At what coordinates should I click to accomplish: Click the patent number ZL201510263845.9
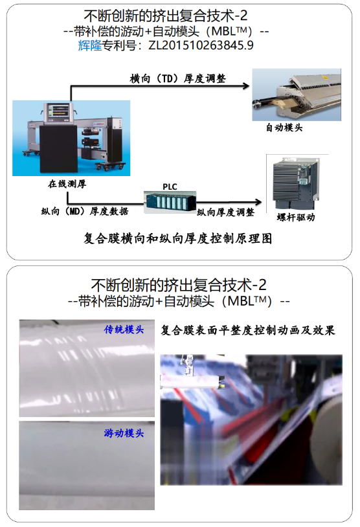[x=201, y=45]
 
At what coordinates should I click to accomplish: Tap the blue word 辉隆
[x=90, y=45]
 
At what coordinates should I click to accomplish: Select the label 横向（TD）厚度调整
[x=178, y=78]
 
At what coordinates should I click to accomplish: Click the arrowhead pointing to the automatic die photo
[x=246, y=85]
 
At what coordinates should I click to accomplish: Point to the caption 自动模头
[x=284, y=128]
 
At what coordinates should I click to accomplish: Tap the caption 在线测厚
[x=67, y=184]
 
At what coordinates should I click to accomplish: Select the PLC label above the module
[x=170, y=186]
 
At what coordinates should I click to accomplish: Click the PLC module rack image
[x=170, y=202]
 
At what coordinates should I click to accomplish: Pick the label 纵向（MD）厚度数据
[x=85, y=212]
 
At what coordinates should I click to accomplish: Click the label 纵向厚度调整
[x=225, y=212]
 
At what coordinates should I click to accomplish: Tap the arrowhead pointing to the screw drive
[x=258, y=201]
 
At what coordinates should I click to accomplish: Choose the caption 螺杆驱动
[x=296, y=218]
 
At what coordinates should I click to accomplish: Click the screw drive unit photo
[x=295, y=183]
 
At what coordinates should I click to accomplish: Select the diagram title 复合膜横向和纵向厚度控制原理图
[x=178, y=238]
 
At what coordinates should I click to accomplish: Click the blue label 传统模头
[x=124, y=330]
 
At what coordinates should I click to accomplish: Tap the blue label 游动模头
[x=124, y=433]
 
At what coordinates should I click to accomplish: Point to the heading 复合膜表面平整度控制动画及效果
[x=248, y=330]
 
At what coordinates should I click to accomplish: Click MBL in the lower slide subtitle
[x=240, y=301]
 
